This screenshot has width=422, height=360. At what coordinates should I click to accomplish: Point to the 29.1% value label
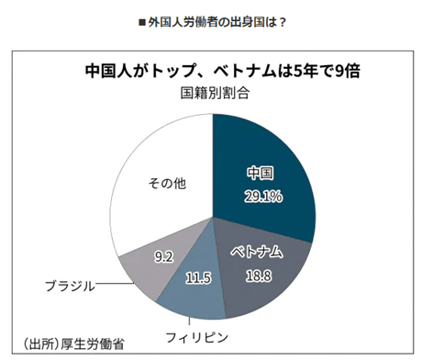click(x=263, y=197)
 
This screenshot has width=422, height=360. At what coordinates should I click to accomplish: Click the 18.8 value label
click(x=259, y=276)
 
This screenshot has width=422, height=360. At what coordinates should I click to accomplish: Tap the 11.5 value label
click(x=198, y=278)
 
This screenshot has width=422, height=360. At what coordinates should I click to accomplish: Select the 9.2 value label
click(x=164, y=257)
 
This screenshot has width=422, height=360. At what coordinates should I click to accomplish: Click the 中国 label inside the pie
click(x=261, y=174)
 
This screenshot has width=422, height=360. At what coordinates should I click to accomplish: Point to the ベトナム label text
click(x=257, y=252)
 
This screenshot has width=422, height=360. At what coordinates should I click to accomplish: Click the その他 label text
click(x=167, y=184)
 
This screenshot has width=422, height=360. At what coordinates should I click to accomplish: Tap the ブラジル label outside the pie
click(x=70, y=287)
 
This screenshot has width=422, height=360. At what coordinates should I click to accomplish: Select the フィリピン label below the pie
click(x=197, y=338)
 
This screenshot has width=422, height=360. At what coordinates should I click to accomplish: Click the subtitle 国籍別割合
click(x=215, y=93)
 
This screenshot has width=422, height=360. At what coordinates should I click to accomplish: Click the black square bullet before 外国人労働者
click(x=142, y=22)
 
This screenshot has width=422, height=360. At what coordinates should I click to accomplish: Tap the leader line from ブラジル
click(x=115, y=284)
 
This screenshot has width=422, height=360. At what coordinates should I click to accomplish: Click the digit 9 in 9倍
click(x=339, y=72)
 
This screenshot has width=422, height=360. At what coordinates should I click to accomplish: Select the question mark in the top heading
click(x=283, y=22)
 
